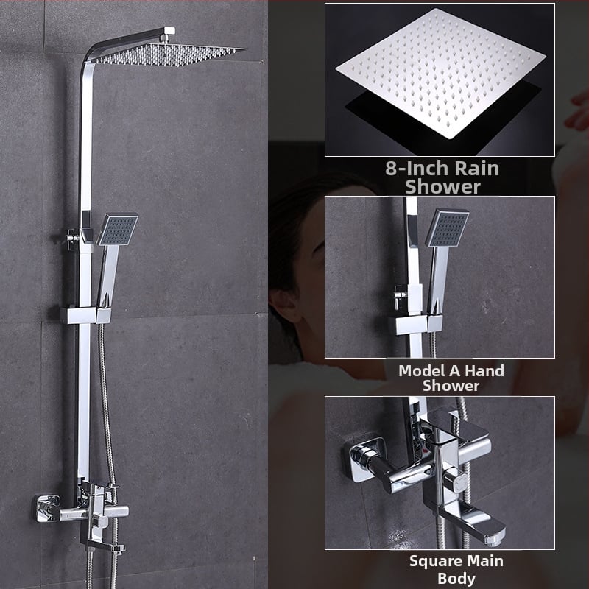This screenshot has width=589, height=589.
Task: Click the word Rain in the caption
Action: [x=476, y=169]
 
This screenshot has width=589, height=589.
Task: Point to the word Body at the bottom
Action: [x=456, y=579]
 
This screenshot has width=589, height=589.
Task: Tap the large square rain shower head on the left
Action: [x=169, y=54]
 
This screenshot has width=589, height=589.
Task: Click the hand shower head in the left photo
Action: [x=118, y=230]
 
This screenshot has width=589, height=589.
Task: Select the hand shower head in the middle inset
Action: [x=448, y=228]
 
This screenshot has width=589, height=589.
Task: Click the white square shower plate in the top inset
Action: [x=440, y=72]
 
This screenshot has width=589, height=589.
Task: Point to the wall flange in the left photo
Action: [x=48, y=509]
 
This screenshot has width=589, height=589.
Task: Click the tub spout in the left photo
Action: [x=105, y=546]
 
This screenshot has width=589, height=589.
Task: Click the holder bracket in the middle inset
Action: [x=415, y=325]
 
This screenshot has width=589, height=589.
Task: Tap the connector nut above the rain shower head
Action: [x=164, y=38]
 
